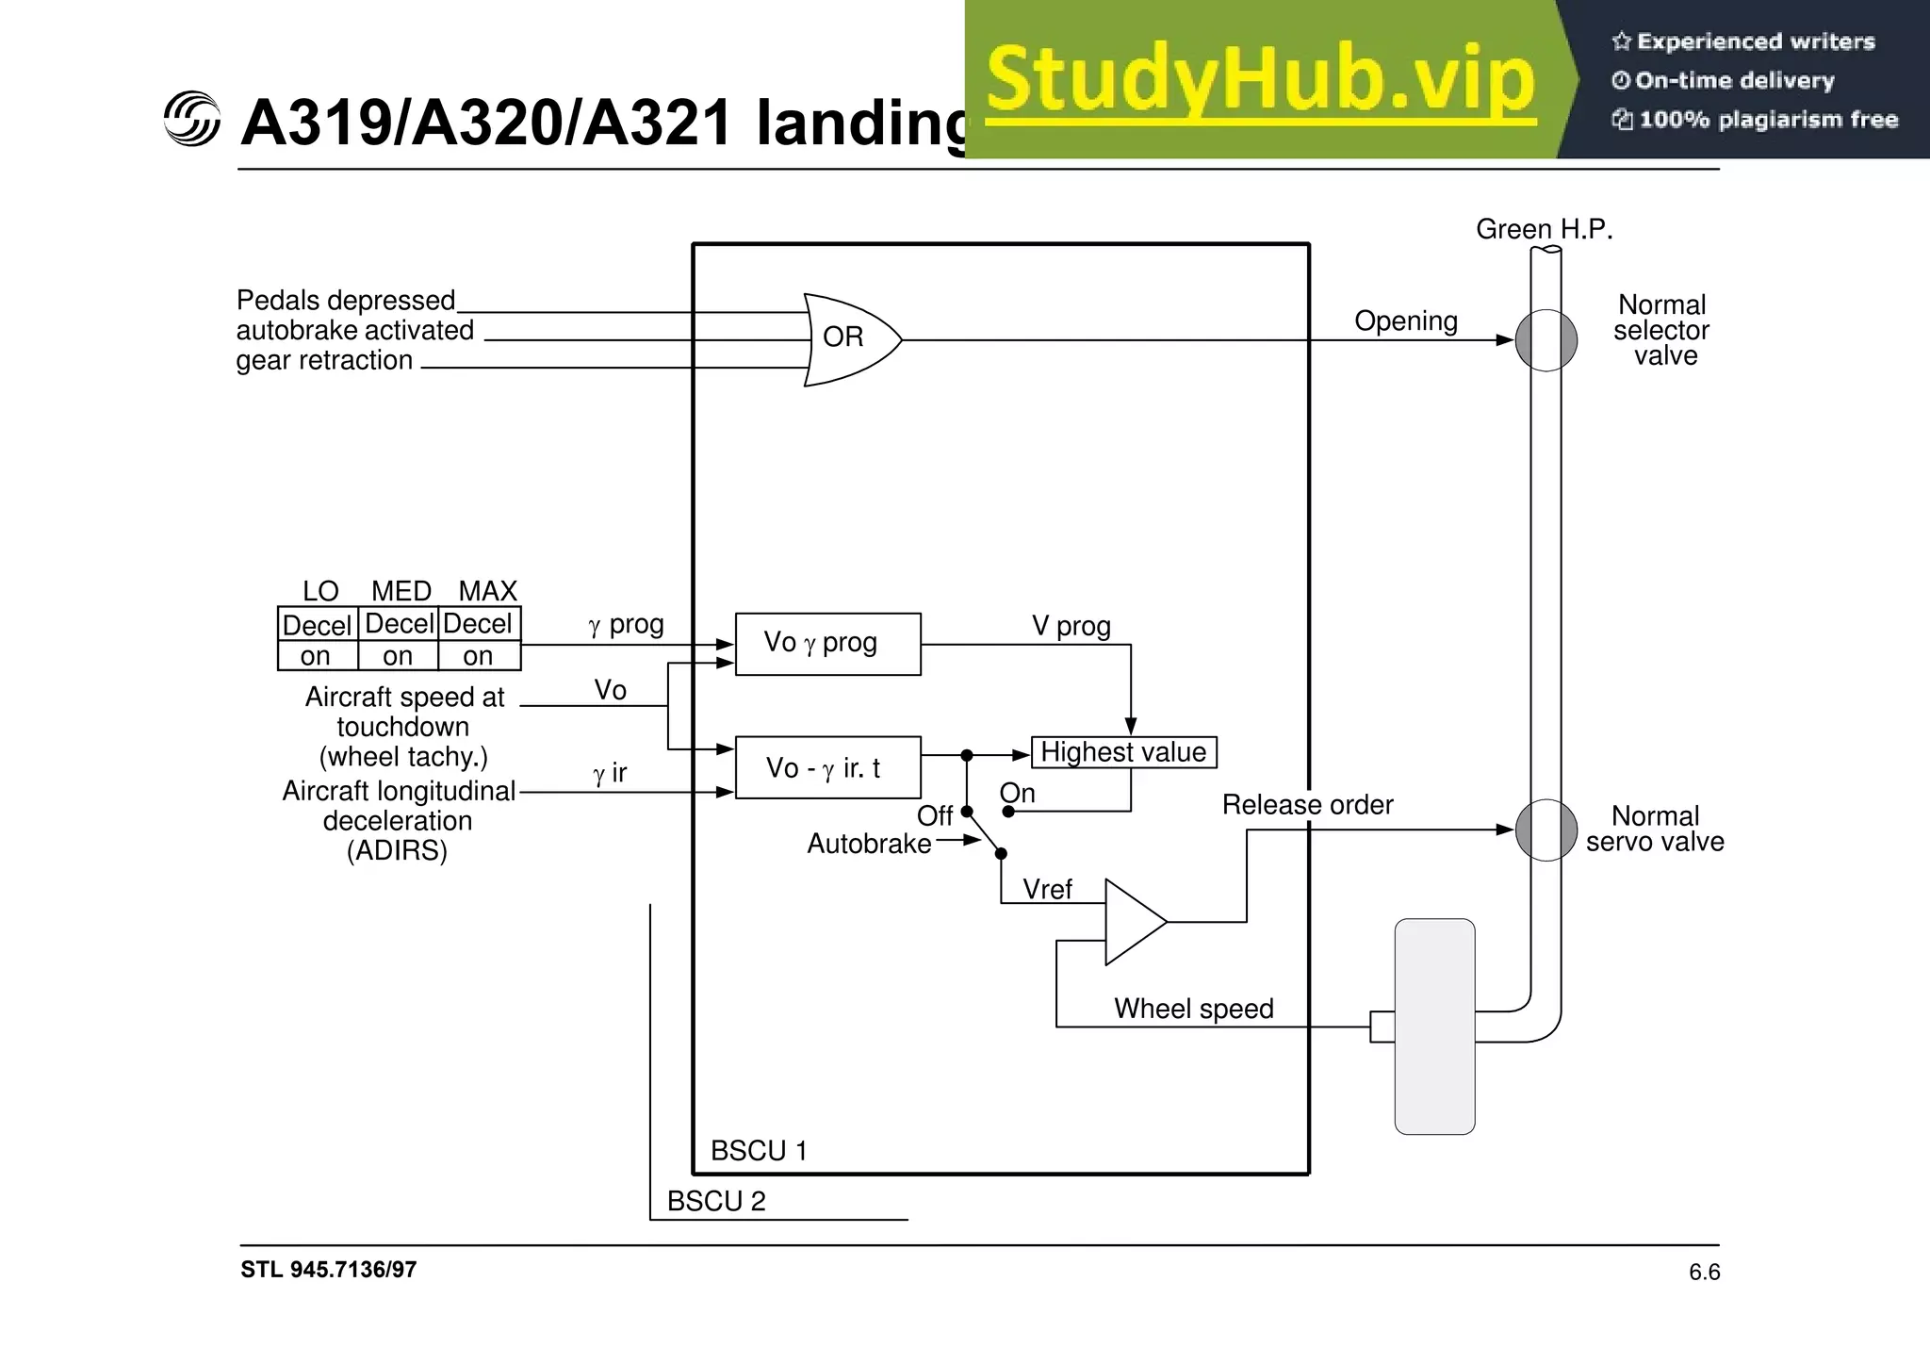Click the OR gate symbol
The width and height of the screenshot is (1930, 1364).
(x=848, y=339)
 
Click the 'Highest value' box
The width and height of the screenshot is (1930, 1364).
(x=1123, y=752)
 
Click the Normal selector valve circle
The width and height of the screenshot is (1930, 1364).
(x=1546, y=340)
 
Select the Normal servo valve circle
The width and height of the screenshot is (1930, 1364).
(x=1546, y=830)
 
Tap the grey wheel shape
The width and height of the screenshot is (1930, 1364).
(x=1434, y=1026)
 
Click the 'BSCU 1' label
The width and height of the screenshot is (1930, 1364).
(x=759, y=1151)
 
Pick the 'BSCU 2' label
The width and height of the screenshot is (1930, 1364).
(x=716, y=1201)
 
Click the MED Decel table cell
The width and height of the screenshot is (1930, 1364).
(x=399, y=624)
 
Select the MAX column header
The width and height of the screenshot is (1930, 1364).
(x=487, y=591)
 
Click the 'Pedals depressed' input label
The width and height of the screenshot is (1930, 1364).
(x=346, y=301)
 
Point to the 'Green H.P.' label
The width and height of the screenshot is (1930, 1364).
(x=1544, y=229)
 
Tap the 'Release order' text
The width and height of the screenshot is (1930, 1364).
(x=1307, y=805)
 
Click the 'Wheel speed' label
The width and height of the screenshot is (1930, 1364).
(x=1193, y=1009)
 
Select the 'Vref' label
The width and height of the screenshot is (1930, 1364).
(x=1047, y=889)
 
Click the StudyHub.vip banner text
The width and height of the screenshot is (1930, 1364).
(x=1261, y=80)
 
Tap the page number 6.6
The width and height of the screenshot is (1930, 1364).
(x=1704, y=1273)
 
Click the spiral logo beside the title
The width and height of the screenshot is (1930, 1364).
(x=191, y=120)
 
